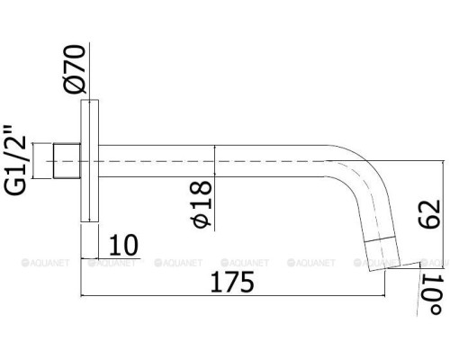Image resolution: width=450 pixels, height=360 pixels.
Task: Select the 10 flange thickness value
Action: pos(123,245)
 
